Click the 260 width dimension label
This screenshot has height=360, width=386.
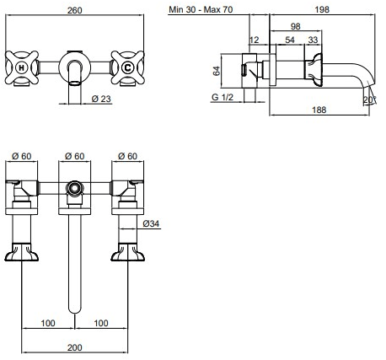coord(75,10)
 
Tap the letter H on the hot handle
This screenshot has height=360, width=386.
coord(21,67)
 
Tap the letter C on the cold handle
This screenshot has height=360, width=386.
coord(127,67)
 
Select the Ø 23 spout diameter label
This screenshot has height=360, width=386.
coord(101,99)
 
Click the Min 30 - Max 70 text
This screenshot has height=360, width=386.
coord(201,9)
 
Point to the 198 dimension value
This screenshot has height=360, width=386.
coord(322,9)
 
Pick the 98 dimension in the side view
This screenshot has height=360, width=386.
coord(295,26)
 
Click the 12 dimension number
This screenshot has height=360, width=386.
coord(254,40)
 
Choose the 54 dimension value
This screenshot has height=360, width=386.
coord(290,40)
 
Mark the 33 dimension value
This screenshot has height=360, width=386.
coord(313,40)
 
